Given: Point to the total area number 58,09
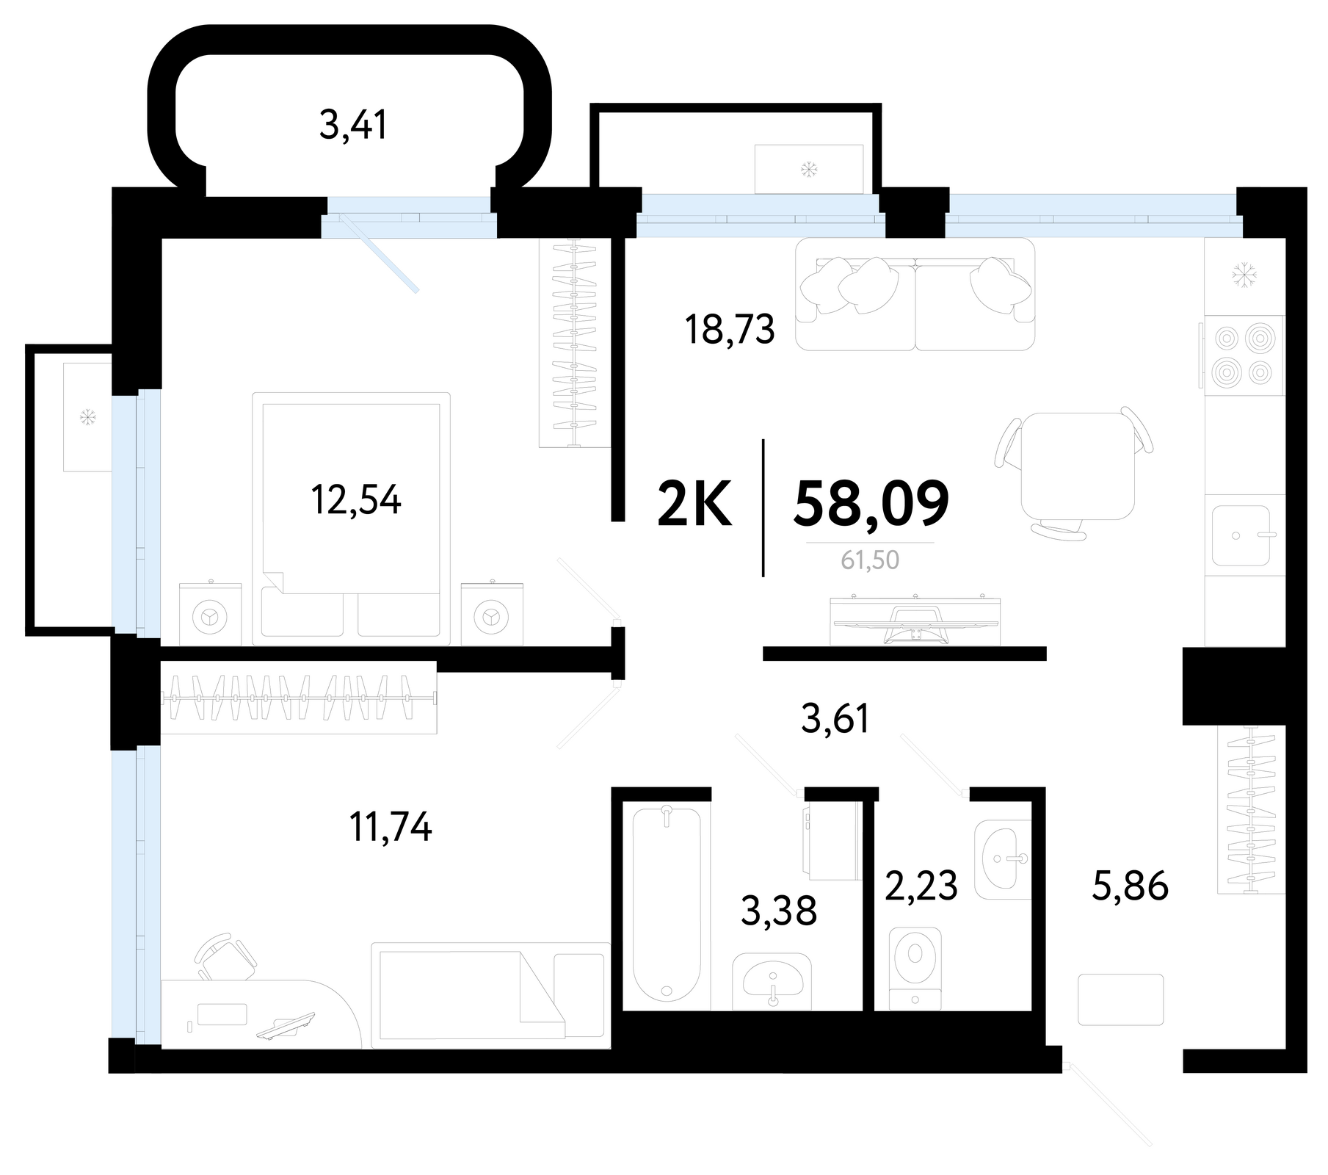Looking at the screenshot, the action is tap(871, 503).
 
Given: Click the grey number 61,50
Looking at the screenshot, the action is tap(870, 560).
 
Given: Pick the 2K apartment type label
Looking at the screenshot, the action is tap(694, 504).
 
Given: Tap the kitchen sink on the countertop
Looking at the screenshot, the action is tap(1241, 535).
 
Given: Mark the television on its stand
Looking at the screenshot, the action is tap(915, 621).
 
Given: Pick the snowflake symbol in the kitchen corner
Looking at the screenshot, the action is tap(1244, 276).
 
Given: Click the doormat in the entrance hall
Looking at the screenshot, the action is tap(1121, 999).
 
